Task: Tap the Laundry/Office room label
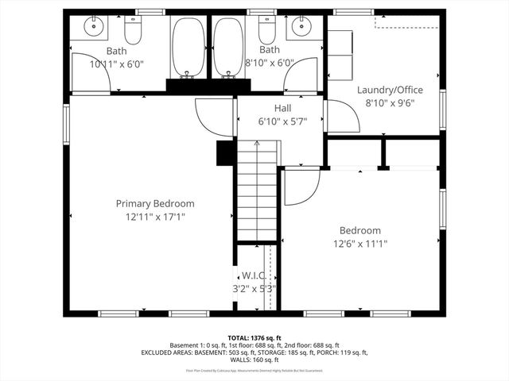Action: tap(389, 90)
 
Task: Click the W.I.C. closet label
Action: tap(254, 275)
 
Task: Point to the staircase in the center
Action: tap(256, 190)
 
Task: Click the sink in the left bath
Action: tap(95, 27)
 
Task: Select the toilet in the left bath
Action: tap(132, 30)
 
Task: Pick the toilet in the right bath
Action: tap(266, 30)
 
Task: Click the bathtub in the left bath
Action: tap(188, 47)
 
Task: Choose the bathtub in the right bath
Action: tap(227, 47)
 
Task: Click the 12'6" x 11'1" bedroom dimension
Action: tap(359, 244)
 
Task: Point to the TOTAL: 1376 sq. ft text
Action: tap(254, 337)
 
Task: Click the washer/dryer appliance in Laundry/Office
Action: tap(340, 56)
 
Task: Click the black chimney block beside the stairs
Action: tap(223, 153)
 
